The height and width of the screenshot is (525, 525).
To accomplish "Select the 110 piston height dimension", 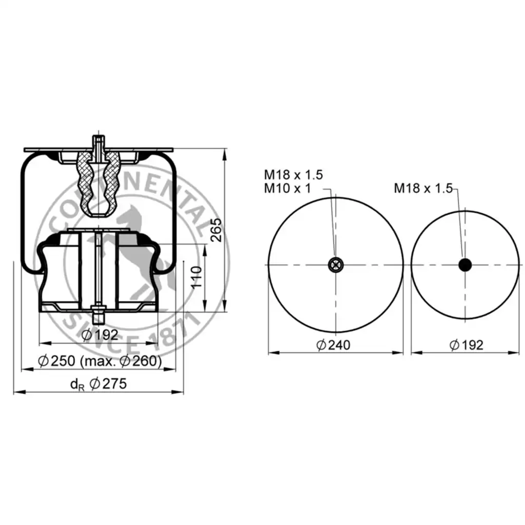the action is [196, 277].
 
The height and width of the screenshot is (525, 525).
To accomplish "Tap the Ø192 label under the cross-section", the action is [100, 334].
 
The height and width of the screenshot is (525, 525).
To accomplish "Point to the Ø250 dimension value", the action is [56, 361].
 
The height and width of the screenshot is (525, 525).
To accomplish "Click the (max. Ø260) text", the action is [121, 361].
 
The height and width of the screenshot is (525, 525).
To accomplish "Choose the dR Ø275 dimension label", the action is [98, 383].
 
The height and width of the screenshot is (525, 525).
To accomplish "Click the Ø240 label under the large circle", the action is [333, 345].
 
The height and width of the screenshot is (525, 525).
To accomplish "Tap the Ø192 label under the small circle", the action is [467, 345].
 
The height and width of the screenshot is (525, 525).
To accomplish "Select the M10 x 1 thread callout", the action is [287, 188].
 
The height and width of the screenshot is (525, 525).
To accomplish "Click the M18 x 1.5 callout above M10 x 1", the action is [293, 174].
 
